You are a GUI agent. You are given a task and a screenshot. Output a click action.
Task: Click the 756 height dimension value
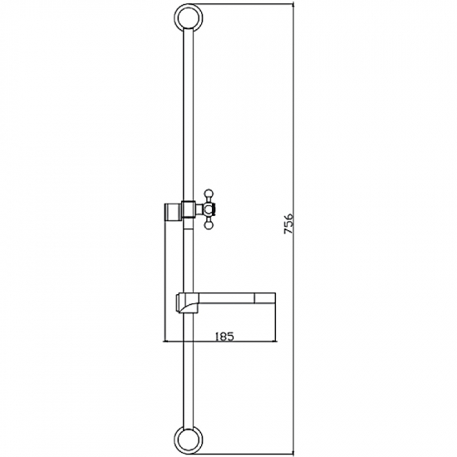288,227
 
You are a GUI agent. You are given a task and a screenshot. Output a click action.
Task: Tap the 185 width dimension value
223,336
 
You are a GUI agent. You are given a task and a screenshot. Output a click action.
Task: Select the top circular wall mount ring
189,18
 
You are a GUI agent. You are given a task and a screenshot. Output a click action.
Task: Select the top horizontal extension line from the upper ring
249,4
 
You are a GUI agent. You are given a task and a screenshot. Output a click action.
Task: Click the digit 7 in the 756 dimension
288,237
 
